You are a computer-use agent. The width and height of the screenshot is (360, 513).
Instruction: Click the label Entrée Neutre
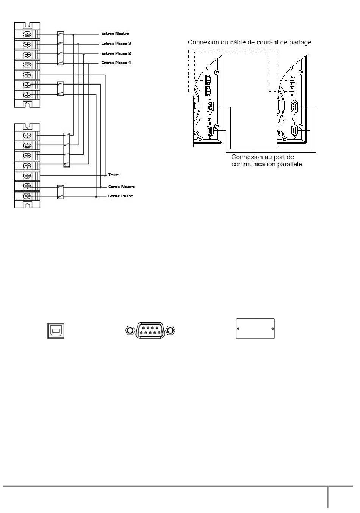click(x=115, y=34)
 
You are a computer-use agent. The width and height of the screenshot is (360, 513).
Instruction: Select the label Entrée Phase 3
click(x=116, y=44)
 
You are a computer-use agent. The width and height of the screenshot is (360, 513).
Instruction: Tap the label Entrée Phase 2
click(x=116, y=53)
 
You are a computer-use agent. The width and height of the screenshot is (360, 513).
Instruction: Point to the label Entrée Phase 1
click(x=116, y=63)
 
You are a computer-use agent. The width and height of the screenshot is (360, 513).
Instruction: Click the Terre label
click(x=113, y=175)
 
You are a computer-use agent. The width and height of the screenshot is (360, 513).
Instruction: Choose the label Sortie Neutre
click(x=121, y=187)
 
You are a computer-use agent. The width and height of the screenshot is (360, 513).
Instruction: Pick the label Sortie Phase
click(x=120, y=196)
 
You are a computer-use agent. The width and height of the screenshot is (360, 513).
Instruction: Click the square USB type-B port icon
click(x=56, y=331)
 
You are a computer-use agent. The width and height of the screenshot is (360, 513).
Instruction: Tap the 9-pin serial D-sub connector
click(x=150, y=331)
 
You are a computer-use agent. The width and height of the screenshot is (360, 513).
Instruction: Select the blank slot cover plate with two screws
click(x=255, y=328)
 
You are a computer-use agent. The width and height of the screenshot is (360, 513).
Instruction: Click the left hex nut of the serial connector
click(x=130, y=331)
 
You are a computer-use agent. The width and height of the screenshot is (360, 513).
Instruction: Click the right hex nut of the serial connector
click(x=171, y=331)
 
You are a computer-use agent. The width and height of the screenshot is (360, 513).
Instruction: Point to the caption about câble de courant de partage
click(x=250, y=42)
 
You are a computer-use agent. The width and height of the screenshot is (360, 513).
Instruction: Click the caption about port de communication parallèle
click(x=266, y=160)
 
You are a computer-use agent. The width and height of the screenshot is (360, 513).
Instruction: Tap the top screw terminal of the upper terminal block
click(x=27, y=35)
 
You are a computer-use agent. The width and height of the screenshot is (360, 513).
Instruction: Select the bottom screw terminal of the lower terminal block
click(x=27, y=196)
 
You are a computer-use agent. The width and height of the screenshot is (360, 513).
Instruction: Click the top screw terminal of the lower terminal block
click(x=27, y=135)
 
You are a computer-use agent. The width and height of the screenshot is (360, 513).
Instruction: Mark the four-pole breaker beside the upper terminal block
click(x=61, y=49)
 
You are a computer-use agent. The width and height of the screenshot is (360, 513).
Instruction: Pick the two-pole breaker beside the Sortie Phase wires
click(x=61, y=191)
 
